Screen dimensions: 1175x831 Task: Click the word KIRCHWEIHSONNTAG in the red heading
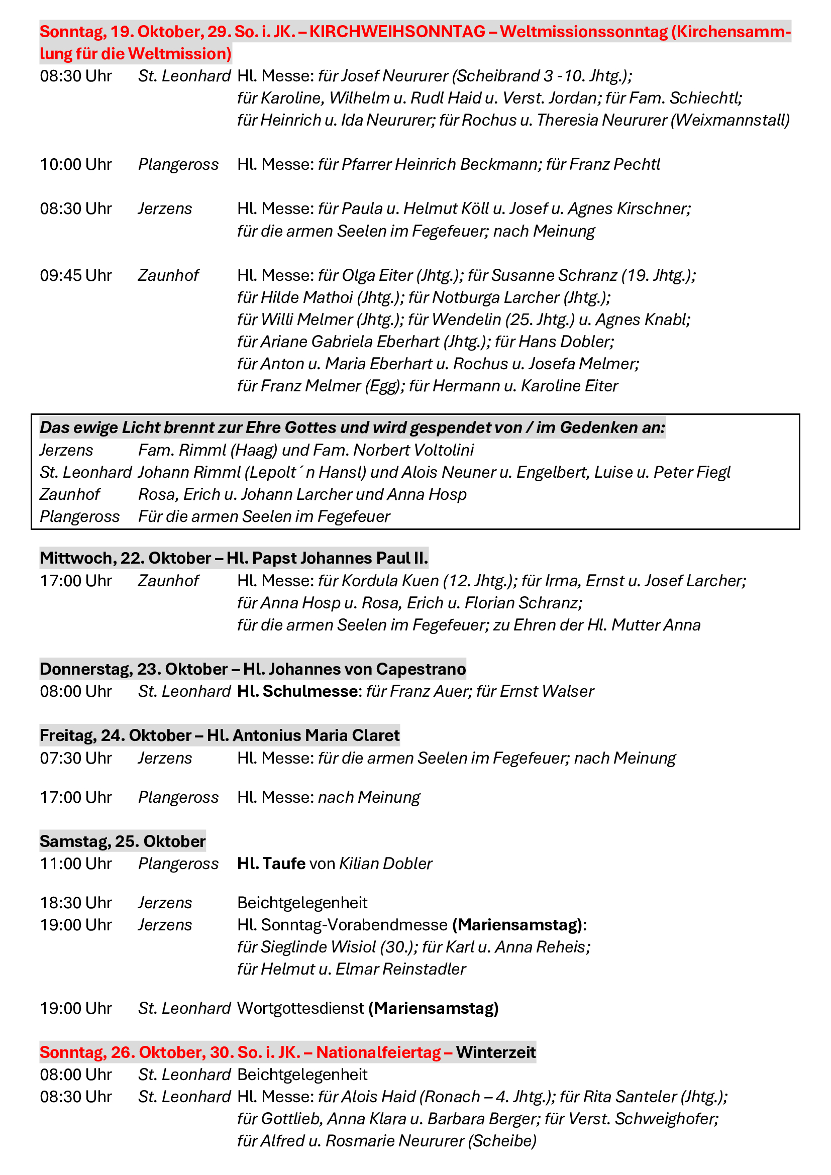[x=397, y=32]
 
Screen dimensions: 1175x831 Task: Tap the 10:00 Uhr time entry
[x=76, y=164]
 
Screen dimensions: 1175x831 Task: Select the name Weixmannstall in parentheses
[x=730, y=120]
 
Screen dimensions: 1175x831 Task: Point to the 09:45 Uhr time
[x=76, y=275]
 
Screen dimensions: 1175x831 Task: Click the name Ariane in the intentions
[x=283, y=341]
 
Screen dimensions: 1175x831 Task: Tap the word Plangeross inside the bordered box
[x=79, y=517]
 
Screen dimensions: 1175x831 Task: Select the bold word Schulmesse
[x=309, y=691]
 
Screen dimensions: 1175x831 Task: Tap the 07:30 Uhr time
[x=76, y=758]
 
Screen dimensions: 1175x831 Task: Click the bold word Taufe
[x=283, y=864]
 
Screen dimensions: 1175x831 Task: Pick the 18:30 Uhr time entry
[x=76, y=903]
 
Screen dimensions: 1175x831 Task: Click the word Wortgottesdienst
[x=300, y=1009]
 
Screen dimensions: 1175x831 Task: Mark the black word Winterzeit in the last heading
[x=496, y=1053]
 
